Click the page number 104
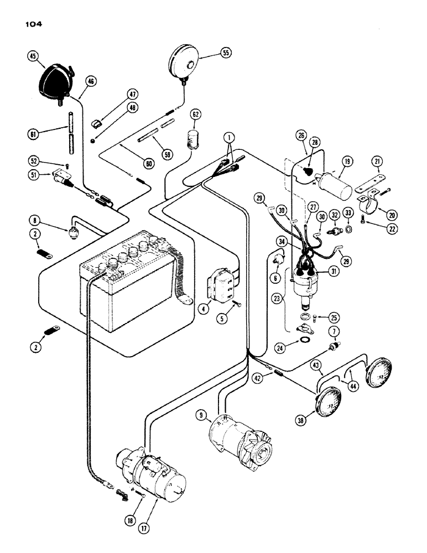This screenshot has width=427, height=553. tap(34, 24)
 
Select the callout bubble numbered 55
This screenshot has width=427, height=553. tap(225, 53)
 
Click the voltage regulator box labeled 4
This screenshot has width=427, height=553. tap(222, 286)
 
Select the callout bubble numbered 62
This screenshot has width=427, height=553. tap(195, 115)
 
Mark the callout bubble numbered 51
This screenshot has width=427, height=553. tap(33, 176)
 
